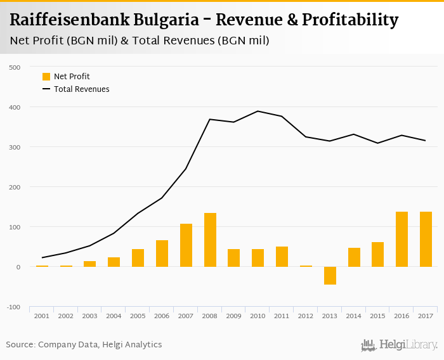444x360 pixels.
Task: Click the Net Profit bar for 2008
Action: click(x=210, y=240)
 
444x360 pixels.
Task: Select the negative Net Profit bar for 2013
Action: click(x=330, y=275)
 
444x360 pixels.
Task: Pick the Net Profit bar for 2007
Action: click(x=186, y=245)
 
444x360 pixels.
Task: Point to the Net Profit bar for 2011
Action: click(x=282, y=257)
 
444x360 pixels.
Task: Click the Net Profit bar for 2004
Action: click(x=114, y=262)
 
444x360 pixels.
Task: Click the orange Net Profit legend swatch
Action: click(x=46, y=77)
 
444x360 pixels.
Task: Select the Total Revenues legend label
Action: click(x=81, y=89)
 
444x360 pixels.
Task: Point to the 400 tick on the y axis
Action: click(x=15, y=107)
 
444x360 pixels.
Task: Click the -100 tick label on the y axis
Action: click(x=12, y=307)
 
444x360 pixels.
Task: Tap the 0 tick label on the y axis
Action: click(x=18, y=267)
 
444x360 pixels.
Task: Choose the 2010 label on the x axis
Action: click(x=258, y=316)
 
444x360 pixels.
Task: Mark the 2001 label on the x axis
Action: click(x=42, y=316)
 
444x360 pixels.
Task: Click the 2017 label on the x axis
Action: click(x=426, y=316)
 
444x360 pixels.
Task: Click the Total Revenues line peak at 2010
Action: click(x=258, y=112)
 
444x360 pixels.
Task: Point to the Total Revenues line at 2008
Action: click(x=210, y=119)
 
